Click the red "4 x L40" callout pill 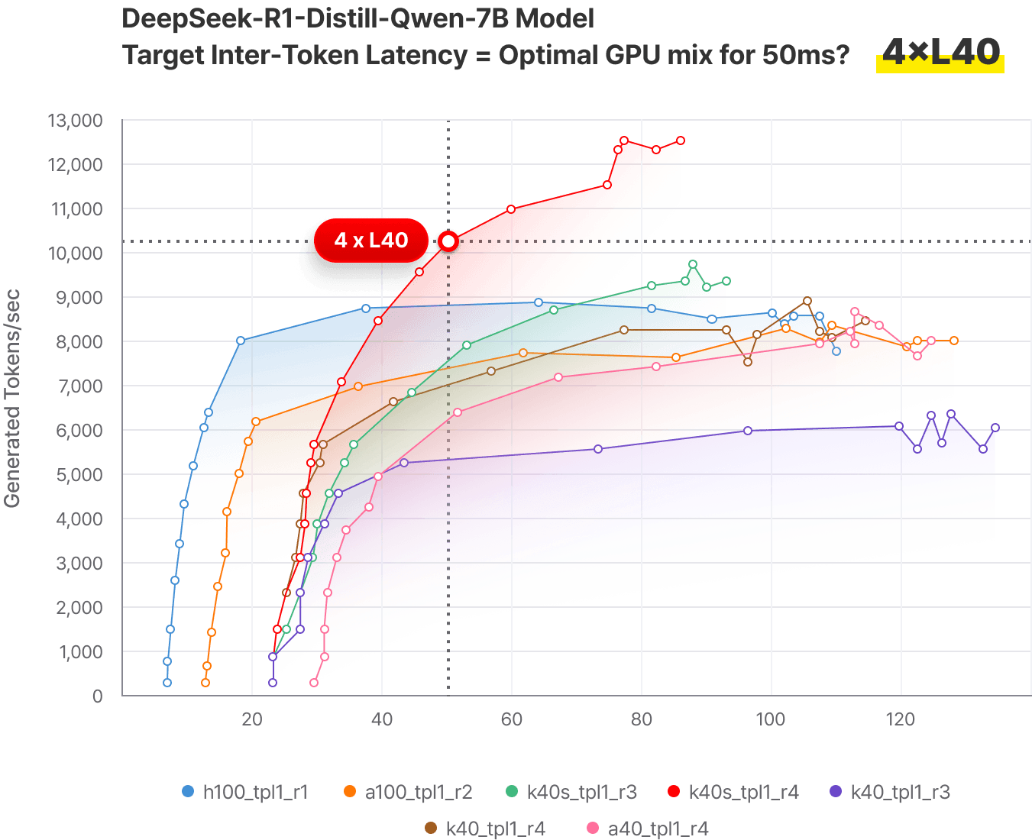[371, 241]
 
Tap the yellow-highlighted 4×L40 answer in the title [940, 53]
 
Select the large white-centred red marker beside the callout [448, 241]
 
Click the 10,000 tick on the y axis [75, 254]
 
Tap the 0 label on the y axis [97, 696]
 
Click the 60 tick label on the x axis [511, 719]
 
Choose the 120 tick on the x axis [901, 719]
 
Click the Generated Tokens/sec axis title [12, 397]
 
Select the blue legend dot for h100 [188, 791]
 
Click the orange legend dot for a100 [350, 791]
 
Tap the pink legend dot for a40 [591, 828]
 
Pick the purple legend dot [835, 791]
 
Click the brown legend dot [430, 828]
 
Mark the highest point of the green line [693, 264]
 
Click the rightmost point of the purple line [995, 428]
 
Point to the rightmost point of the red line [681, 141]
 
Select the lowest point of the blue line [167, 683]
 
